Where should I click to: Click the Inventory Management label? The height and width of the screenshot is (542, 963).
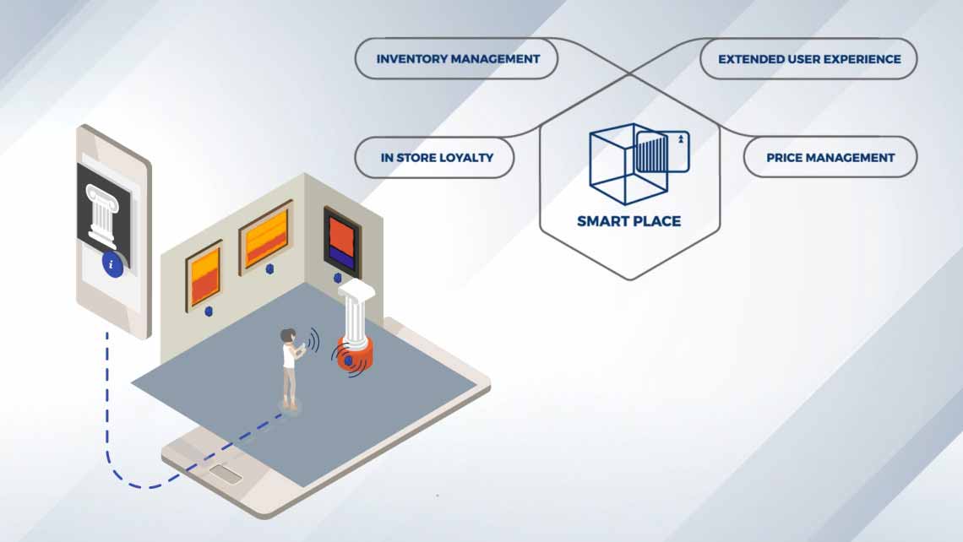[x=458, y=59]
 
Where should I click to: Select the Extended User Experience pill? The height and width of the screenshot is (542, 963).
[x=808, y=59]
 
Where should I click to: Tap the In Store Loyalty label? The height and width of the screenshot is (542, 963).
[x=436, y=157]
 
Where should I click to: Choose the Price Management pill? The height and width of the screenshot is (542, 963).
[x=830, y=157]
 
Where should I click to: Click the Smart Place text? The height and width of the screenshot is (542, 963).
[x=628, y=222]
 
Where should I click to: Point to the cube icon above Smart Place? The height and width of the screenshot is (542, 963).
[x=639, y=163]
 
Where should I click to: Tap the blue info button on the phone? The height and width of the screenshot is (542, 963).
[x=112, y=265]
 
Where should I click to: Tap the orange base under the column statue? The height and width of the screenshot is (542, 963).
[x=355, y=355]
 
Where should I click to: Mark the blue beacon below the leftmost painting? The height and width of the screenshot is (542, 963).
[x=209, y=312]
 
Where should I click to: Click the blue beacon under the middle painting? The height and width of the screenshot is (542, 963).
[x=269, y=269]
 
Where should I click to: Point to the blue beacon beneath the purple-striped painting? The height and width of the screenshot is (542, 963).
[x=336, y=277]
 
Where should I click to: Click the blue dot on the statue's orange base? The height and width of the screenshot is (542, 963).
[x=346, y=360]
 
